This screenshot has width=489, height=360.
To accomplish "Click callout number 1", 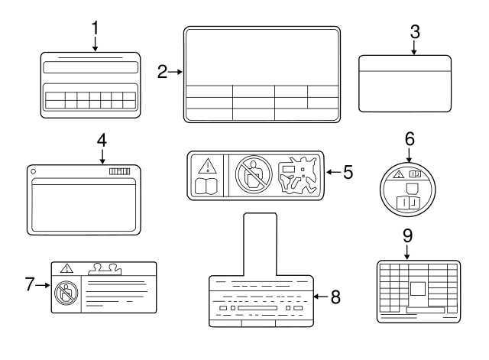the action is point(95,28).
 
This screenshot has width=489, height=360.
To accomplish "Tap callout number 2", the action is point(162,72).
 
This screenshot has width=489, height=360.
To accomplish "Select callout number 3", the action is point(415,32).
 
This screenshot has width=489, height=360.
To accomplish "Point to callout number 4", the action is point(102,141).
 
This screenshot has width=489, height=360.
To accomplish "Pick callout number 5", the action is point(348,172).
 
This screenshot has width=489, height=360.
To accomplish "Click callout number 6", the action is point(410,139).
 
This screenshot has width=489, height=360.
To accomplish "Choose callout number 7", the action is point(30,284).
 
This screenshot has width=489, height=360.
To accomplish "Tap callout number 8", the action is point(335,297).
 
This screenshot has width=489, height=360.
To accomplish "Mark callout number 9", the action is point(407,236).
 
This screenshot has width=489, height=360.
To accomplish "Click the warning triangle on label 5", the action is point(207,166).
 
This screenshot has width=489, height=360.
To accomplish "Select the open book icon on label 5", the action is point(206,186).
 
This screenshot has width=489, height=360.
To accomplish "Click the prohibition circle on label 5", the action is point(254,175).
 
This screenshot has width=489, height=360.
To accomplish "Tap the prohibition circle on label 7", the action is point(66,294).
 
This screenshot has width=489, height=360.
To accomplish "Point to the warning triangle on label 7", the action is point(66,268).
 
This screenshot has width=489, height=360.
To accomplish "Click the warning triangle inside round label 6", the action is point(398,174).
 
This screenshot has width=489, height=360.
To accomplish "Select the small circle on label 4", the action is point(34,171).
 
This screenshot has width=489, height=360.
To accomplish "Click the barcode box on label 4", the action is point(120,171).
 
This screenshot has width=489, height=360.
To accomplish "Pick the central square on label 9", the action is point(418,289).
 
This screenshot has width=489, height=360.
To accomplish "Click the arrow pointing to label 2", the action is point(175,72).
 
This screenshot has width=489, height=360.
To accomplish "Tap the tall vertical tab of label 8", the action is point(260,245).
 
